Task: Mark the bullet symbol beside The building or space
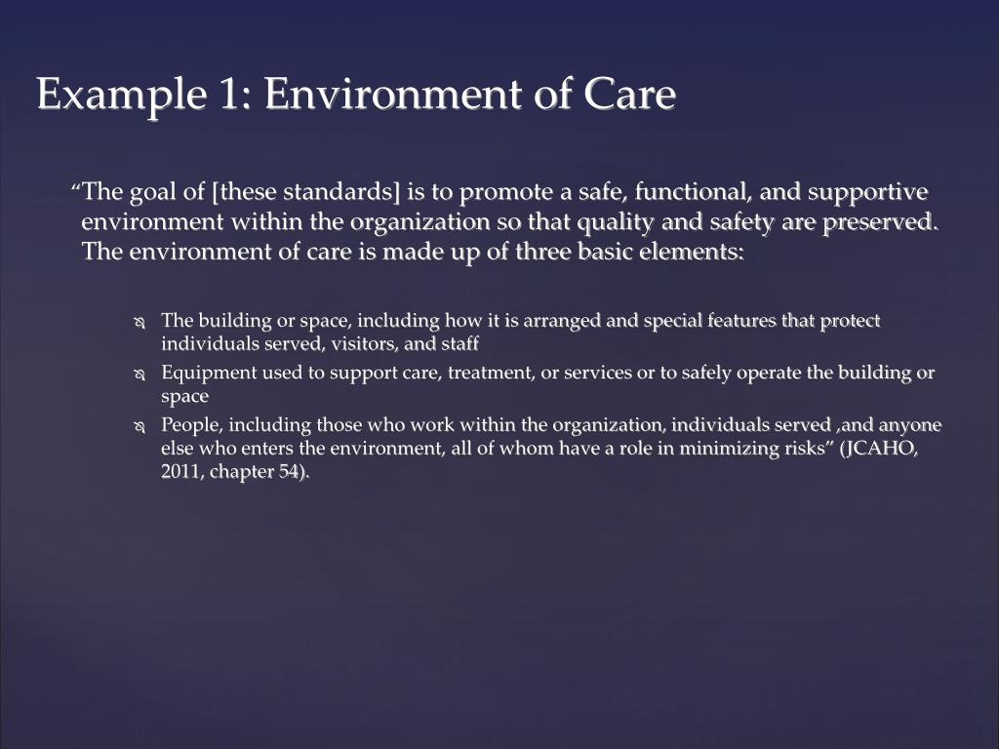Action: pyautogui.click(x=139, y=323)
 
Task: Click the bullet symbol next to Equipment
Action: pyautogui.click(x=139, y=374)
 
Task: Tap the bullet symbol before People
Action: pyautogui.click(x=139, y=427)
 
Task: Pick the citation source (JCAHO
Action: pyautogui.click(x=878, y=449)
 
